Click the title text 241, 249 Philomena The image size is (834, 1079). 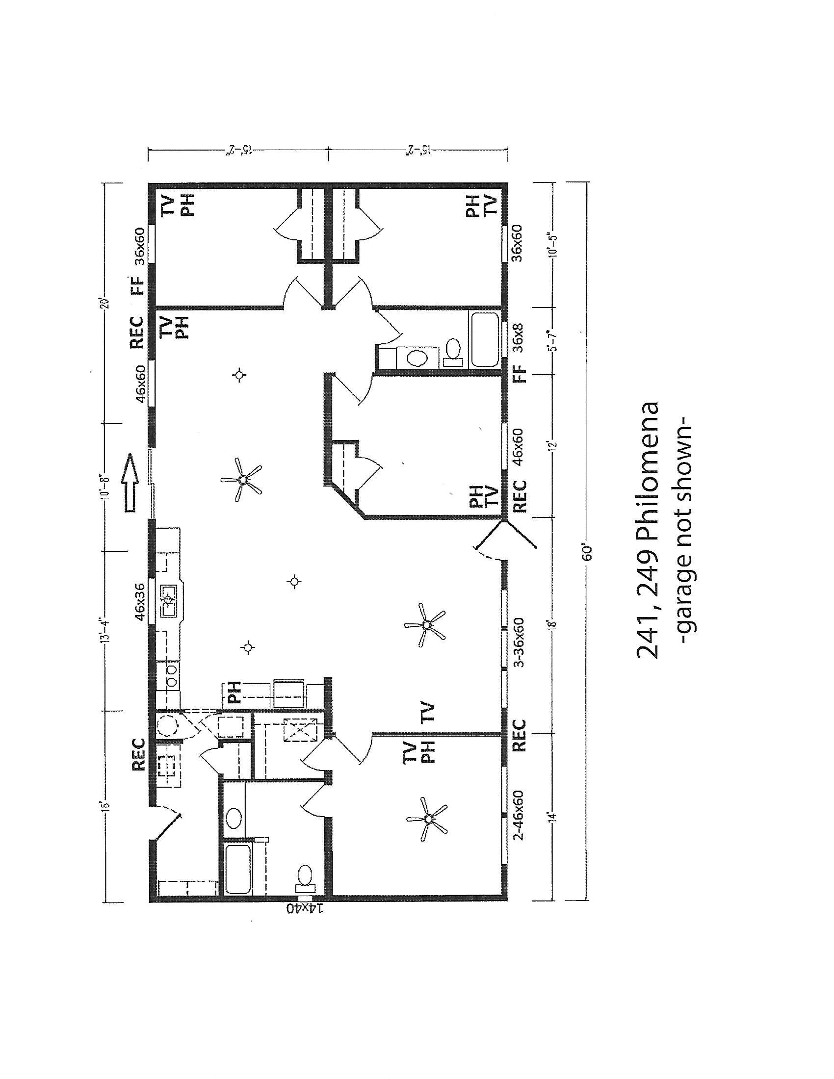pyautogui.click(x=647, y=531)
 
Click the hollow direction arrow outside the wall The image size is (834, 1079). pyautogui.click(x=130, y=483)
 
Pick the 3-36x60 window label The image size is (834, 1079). pyautogui.click(x=519, y=643)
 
